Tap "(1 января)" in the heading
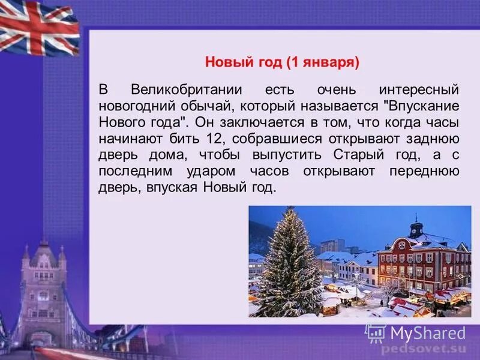pyautogui.click(x=321, y=62)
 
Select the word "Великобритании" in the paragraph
pyautogui.click(x=186, y=90)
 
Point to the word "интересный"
pyautogui.click(x=419, y=90)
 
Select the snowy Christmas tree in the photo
pyautogui.click(x=289, y=264)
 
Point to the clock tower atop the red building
pyautogui.click(x=416, y=227)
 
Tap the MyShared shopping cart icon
pyautogui.click(x=376, y=333)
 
